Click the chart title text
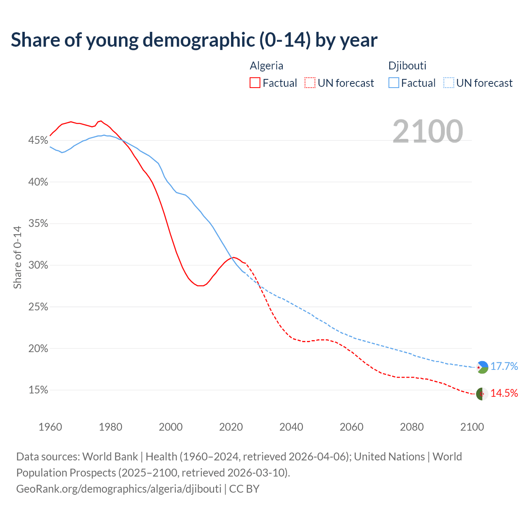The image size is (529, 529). [x=194, y=40]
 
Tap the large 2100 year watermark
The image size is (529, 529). [x=428, y=131]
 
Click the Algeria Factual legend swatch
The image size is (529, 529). [x=255, y=83]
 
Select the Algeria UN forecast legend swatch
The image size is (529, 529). [x=310, y=83]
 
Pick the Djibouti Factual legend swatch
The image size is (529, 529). [x=394, y=83]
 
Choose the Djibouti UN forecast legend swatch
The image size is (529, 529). [x=448, y=83]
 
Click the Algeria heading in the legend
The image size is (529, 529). [x=267, y=66]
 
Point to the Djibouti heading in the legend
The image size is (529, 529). [x=407, y=66]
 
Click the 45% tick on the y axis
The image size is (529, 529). [x=38, y=141]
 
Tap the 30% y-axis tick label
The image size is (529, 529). [x=38, y=265]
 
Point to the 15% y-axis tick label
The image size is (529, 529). [x=38, y=390]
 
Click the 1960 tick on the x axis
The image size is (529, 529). [x=50, y=427]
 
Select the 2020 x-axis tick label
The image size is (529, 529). [x=231, y=427]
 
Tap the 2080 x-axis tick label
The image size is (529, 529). [x=412, y=427]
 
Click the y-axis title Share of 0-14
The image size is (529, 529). [x=17, y=257]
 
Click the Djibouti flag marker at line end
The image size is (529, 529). [x=482, y=367]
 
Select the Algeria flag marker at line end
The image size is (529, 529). [x=482, y=394]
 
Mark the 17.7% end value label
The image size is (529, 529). [x=504, y=367]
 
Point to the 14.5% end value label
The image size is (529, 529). [x=504, y=393]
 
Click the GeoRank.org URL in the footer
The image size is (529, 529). [x=119, y=489]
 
